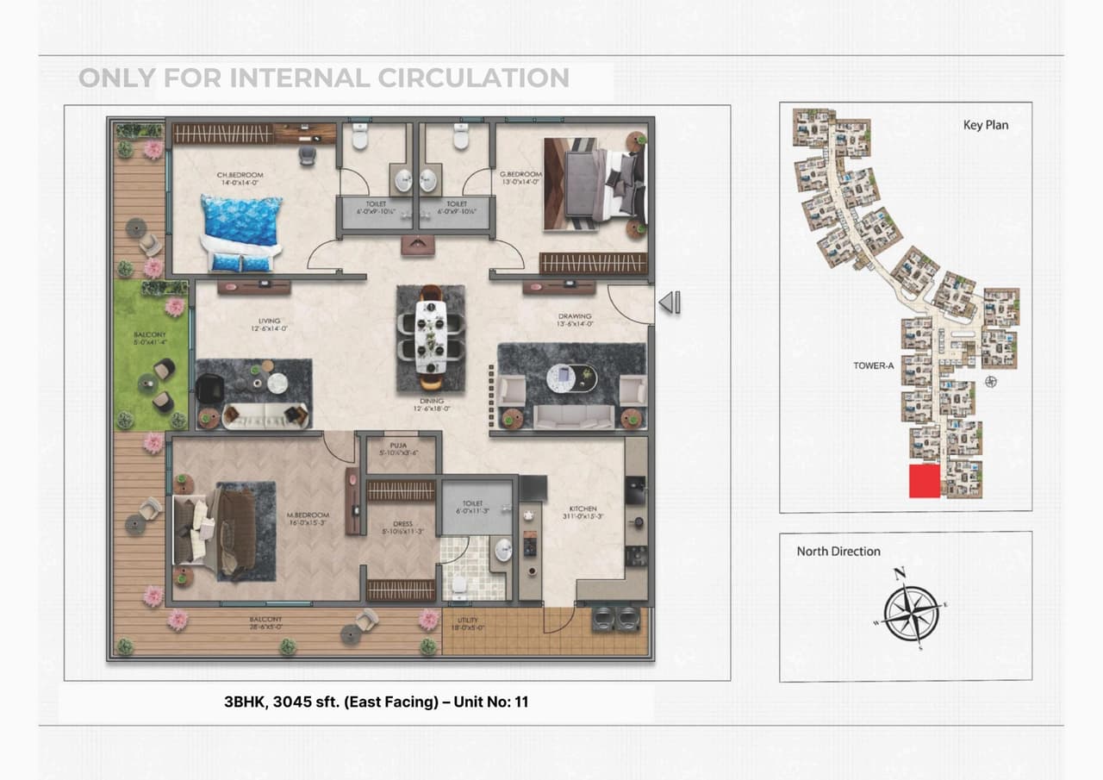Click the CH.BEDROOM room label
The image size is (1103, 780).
point(240,175)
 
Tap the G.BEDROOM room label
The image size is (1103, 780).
point(520,175)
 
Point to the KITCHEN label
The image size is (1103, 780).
point(583,509)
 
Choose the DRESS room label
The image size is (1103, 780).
point(402,523)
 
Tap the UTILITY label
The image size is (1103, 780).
point(468,621)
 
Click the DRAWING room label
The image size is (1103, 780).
point(575,316)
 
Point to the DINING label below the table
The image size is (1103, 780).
point(432,402)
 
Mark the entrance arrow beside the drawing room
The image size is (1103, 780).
point(670,303)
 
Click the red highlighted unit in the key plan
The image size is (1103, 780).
point(924,481)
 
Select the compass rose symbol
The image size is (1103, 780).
point(911,612)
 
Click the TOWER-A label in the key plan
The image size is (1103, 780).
point(874,365)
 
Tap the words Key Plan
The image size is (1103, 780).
point(985,125)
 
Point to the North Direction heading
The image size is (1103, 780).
point(838,552)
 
